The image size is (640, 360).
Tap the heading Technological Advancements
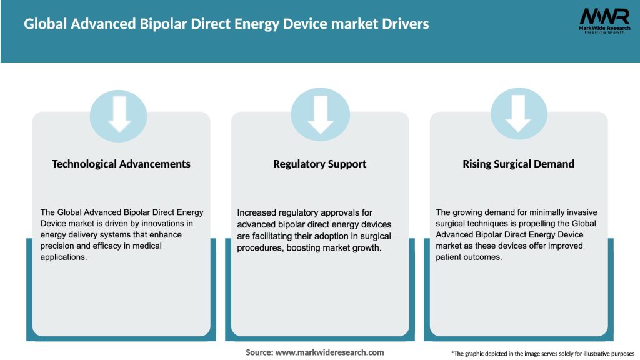click(x=121, y=164)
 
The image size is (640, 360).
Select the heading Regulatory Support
click(x=320, y=164)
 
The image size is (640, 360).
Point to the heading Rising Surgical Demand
click(x=518, y=164)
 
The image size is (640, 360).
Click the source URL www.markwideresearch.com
click(x=329, y=352)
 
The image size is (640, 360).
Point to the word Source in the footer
click(x=259, y=352)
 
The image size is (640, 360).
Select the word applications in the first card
click(x=64, y=257)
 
